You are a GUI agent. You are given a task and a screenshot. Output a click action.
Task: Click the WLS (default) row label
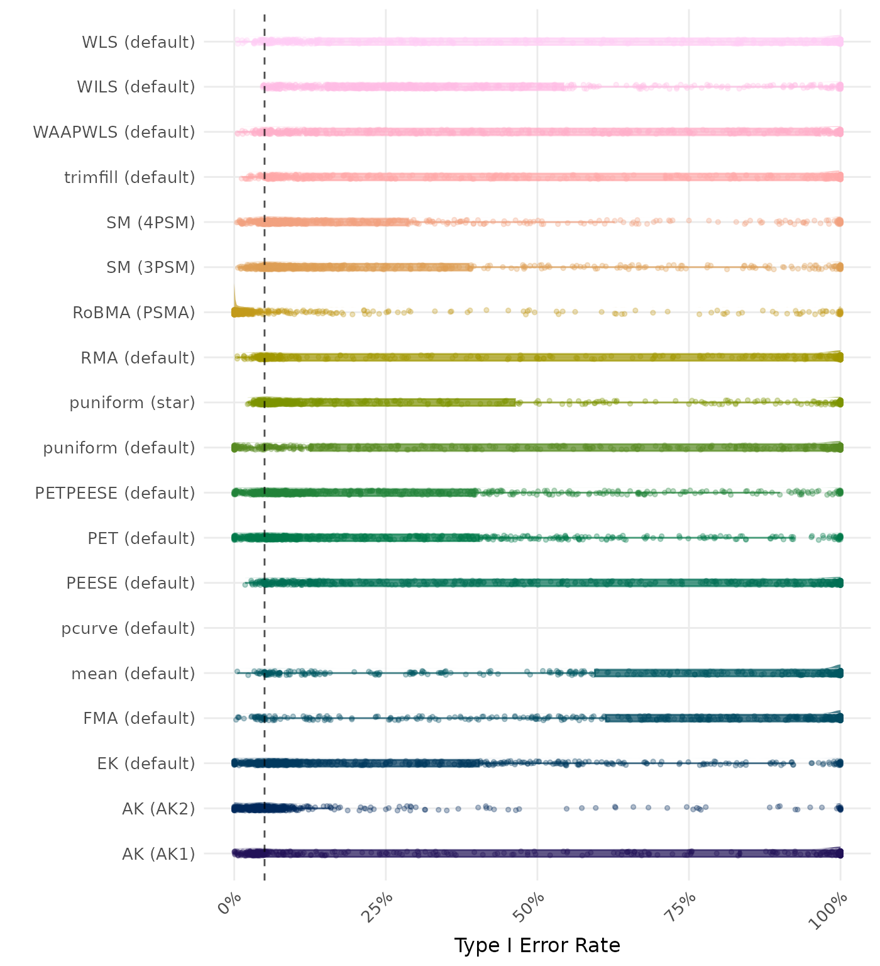pyautogui.click(x=138, y=42)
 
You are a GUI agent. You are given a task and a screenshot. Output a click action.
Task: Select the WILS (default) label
pyautogui.click(x=136, y=87)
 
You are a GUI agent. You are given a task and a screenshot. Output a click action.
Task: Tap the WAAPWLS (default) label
pyautogui.click(x=114, y=132)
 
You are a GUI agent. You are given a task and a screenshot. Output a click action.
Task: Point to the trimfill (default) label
pyautogui.click(x=129, y=177)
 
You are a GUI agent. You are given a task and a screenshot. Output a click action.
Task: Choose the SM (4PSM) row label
pyautogui.click(x=151, y=223)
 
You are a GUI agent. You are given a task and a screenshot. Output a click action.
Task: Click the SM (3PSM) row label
pyautogui.click(x=151, y=267)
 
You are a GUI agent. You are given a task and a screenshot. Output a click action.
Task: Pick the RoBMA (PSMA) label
pyautogui.click(x=134, y=313)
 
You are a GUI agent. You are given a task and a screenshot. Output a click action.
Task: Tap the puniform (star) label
pyautogui.click(x=132, y=402)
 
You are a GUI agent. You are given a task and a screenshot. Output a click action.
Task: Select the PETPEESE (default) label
pyautogui.click(x=115, y=493)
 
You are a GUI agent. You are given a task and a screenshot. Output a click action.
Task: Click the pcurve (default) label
pyautogui.click(x=128, y=628)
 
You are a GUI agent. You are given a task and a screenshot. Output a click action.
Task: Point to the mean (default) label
pyautogui.click(x=133, y=674)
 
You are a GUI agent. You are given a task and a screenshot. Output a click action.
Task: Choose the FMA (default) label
pyautogui.click(x=139, y=718)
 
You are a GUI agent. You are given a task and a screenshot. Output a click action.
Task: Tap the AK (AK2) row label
pyautogui.click(x=158, y=809)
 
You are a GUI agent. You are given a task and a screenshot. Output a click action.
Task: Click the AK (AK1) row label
pyautogui.click(x=158, y=854)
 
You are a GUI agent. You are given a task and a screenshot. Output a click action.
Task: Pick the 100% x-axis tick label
pyautogui.click(x=831, y=909)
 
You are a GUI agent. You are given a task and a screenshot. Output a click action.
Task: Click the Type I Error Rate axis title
pyautogui.click(x=537, y=945)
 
